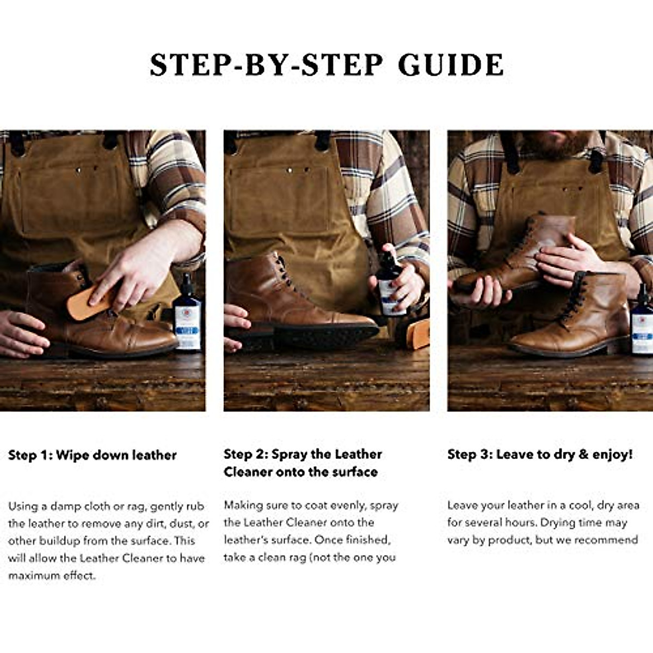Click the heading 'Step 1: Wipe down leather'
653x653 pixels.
tap(92, 455)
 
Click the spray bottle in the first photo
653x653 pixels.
tap(187, 314)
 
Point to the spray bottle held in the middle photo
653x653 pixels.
tap(390, 283)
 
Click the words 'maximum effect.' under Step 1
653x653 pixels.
tap(52, 576)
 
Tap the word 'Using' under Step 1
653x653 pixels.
tap(23, 507)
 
